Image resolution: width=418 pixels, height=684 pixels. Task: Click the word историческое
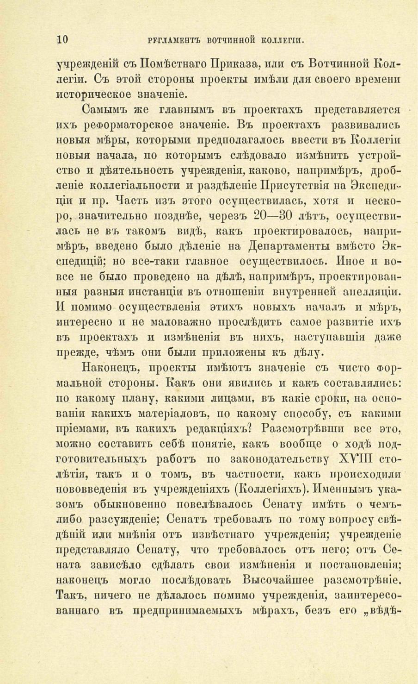pos(95,95)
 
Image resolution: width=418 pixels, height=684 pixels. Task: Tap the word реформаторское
pos(141,126)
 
